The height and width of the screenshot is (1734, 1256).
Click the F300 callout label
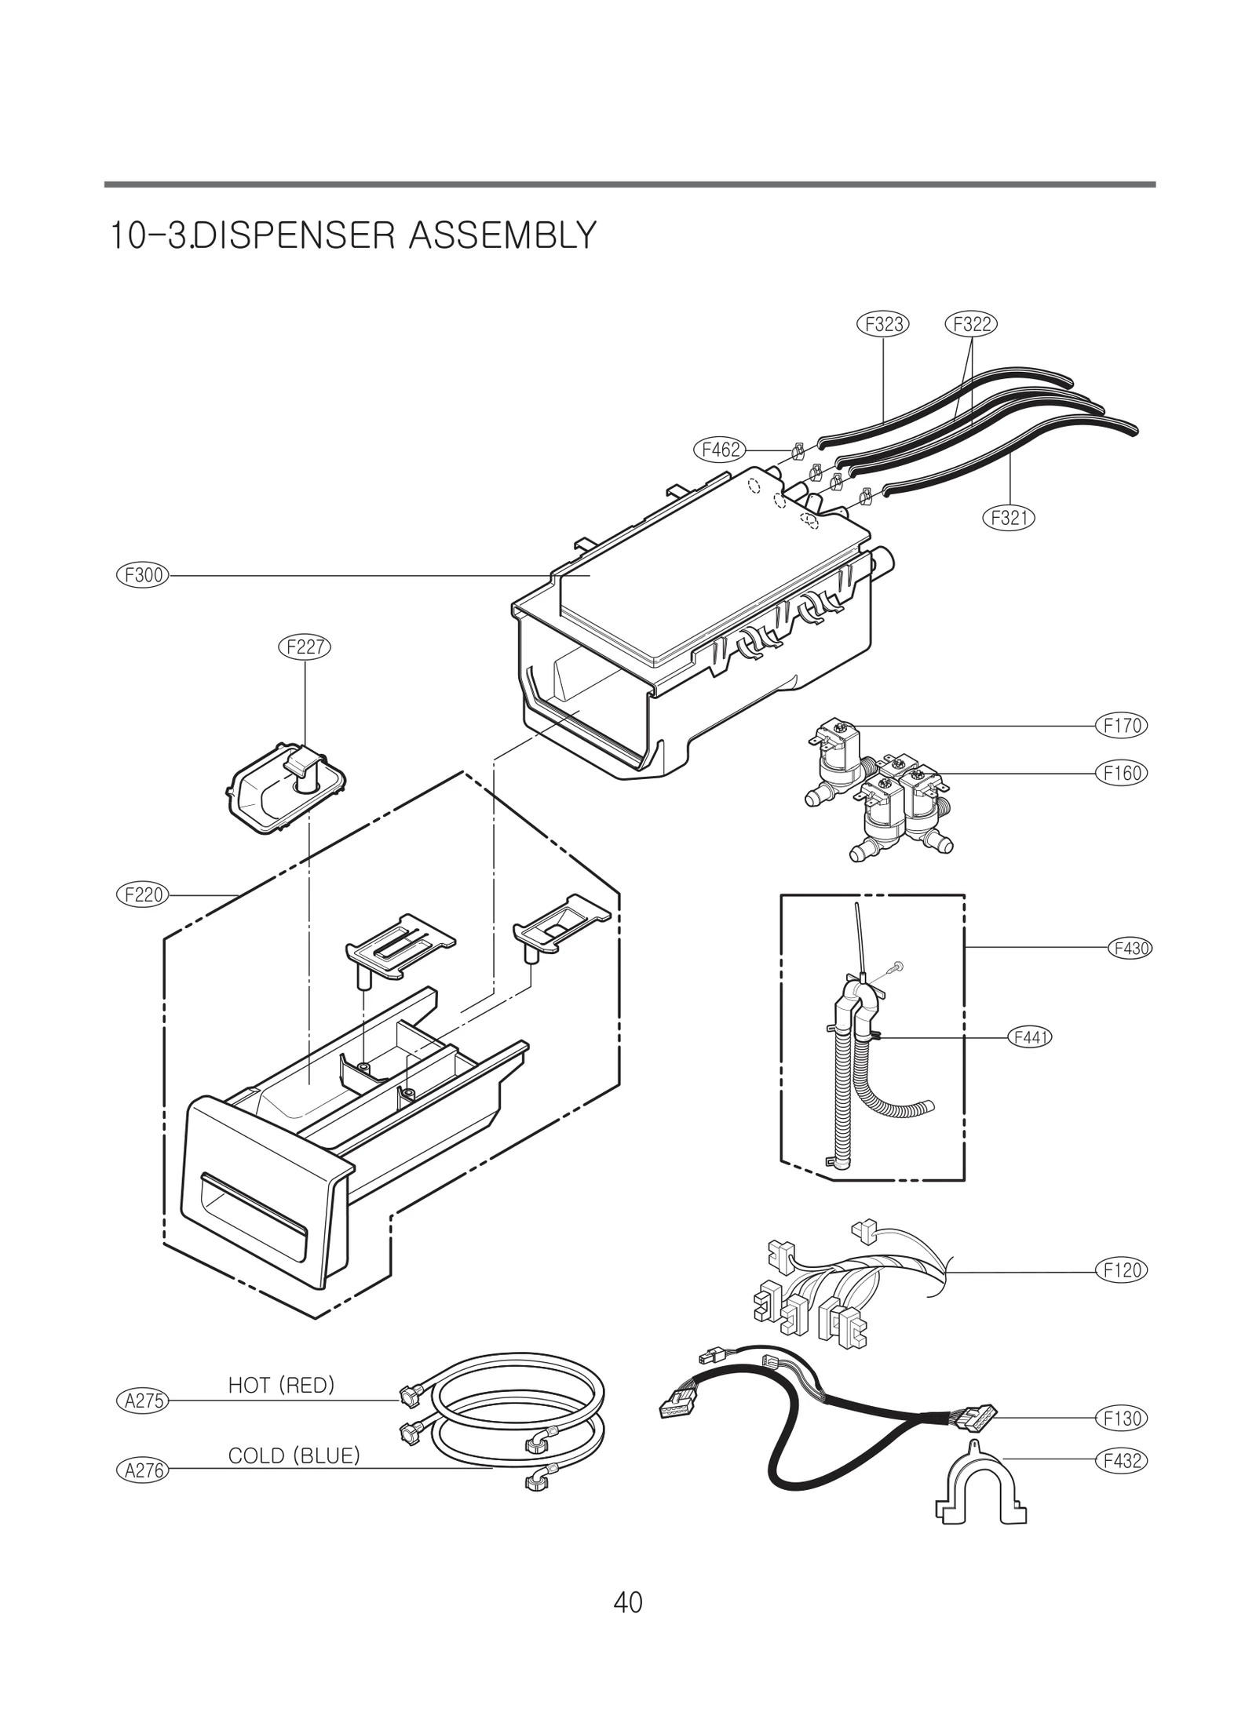coord(143,575)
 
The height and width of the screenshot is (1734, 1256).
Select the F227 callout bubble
coord(305,647)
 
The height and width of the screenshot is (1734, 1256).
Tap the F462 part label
coord(719,450)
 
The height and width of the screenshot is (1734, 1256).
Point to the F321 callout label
coord(1009,517)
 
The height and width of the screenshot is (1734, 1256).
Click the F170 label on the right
coord(1122,725)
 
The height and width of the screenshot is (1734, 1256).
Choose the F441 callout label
coord(1028,1037)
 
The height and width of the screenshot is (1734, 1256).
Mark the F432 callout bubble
coord(1122,1461)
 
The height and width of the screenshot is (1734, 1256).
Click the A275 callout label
coord(143,1401)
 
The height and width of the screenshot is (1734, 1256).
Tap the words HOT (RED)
coord(281,1386)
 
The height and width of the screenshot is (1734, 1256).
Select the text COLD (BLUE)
coord(294,1455)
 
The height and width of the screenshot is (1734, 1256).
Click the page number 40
coord(628,1602)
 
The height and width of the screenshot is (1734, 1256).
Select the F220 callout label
coord(143,894)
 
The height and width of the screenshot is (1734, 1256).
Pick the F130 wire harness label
coord(1122,1418)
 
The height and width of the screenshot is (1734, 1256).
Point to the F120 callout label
coord(1122,1270)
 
